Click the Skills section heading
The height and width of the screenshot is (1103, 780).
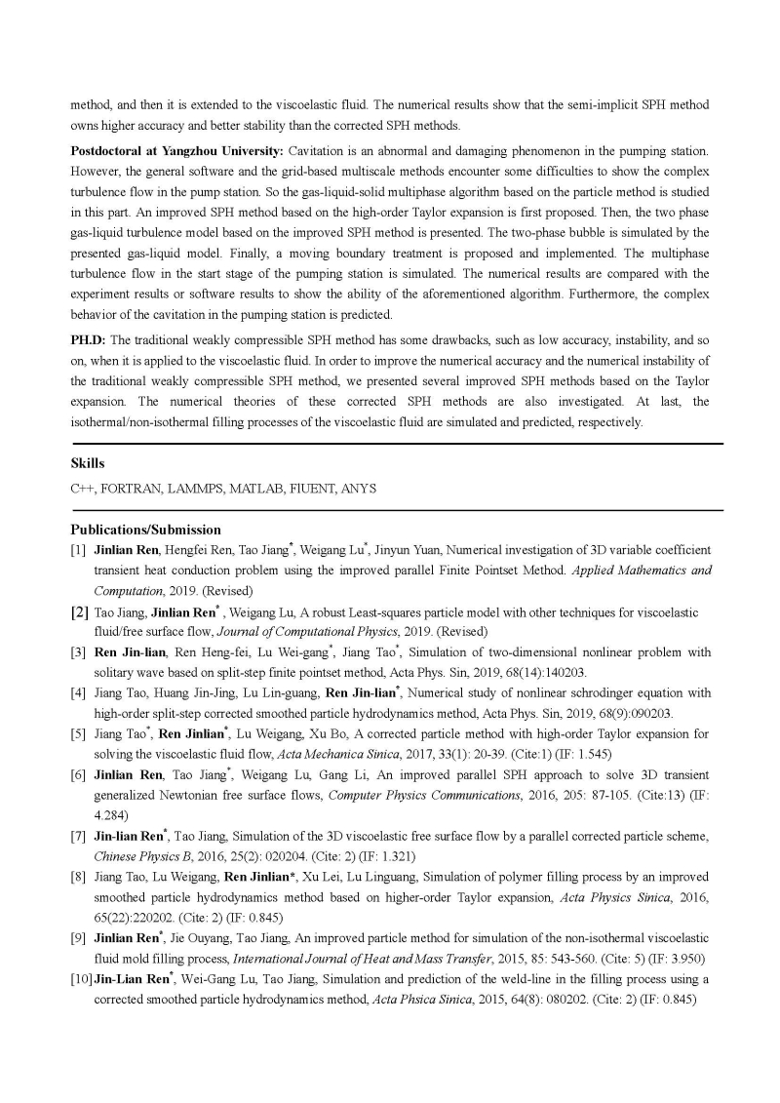(88, 464)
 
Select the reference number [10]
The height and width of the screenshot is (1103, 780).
(81, 978)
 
